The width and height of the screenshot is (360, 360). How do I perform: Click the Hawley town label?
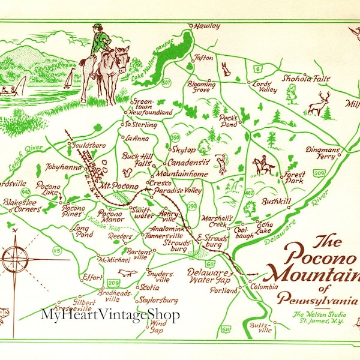(x=206, y=26)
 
